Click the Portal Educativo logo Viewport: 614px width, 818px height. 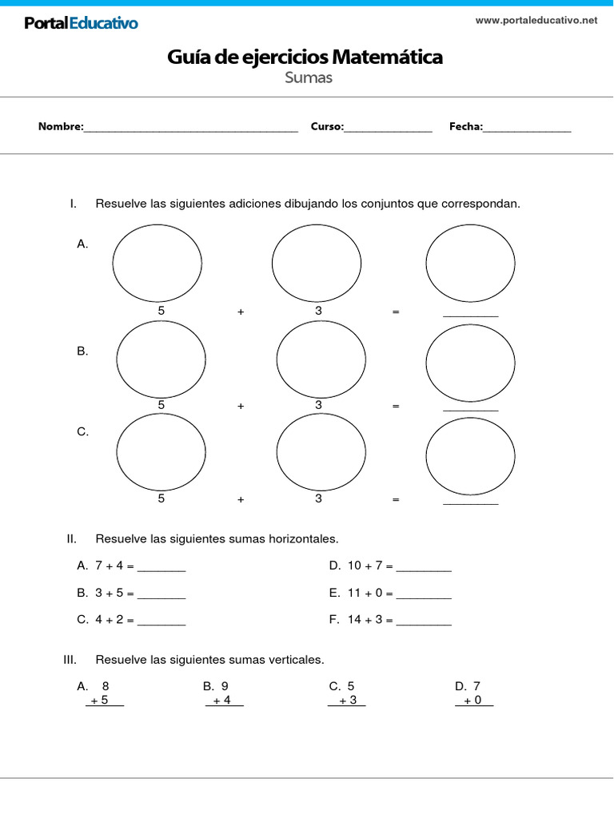point(81,23)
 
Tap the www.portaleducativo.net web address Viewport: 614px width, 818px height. point(536,21)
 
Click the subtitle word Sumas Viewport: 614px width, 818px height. point(308,77)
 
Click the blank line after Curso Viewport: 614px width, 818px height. point(388,128)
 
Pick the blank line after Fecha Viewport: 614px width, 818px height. point(527,128)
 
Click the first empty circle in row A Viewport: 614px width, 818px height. point(157,260)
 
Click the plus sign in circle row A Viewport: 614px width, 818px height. point(240,312)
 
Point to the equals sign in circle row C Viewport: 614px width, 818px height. point(395,500)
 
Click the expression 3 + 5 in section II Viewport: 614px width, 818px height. point(110,594)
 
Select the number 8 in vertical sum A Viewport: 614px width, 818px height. point(106,686)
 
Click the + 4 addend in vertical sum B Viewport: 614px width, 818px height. point(222,701)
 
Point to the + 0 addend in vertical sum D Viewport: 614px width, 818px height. point(473,701)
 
